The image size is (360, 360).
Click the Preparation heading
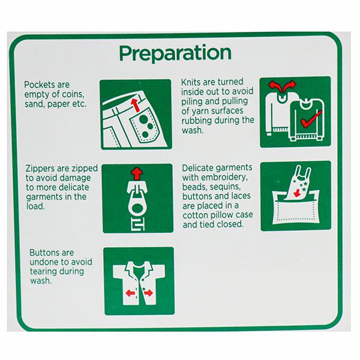pyautogui.click(x=175, y=53)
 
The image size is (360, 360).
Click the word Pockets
pyautogui.click(x=38, y=85)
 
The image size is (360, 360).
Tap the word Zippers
pyautogui.click(x=40, y=169)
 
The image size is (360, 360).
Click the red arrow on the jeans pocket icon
pyautogui.click(x=136, y=105)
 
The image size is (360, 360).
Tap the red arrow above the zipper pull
pyautogui.click(x=137, y=173)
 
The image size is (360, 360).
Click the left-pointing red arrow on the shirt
pyautogui.click(x=130, y=293)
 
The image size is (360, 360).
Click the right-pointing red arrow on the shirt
pyautogui.click(x=148, y=293)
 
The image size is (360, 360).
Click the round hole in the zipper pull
pyautogui.click(x=137, y=209)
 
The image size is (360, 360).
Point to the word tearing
pyautogui.click(x=44, y=272)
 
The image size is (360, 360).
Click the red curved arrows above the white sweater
pyautogui.click(x=282, y=86)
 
